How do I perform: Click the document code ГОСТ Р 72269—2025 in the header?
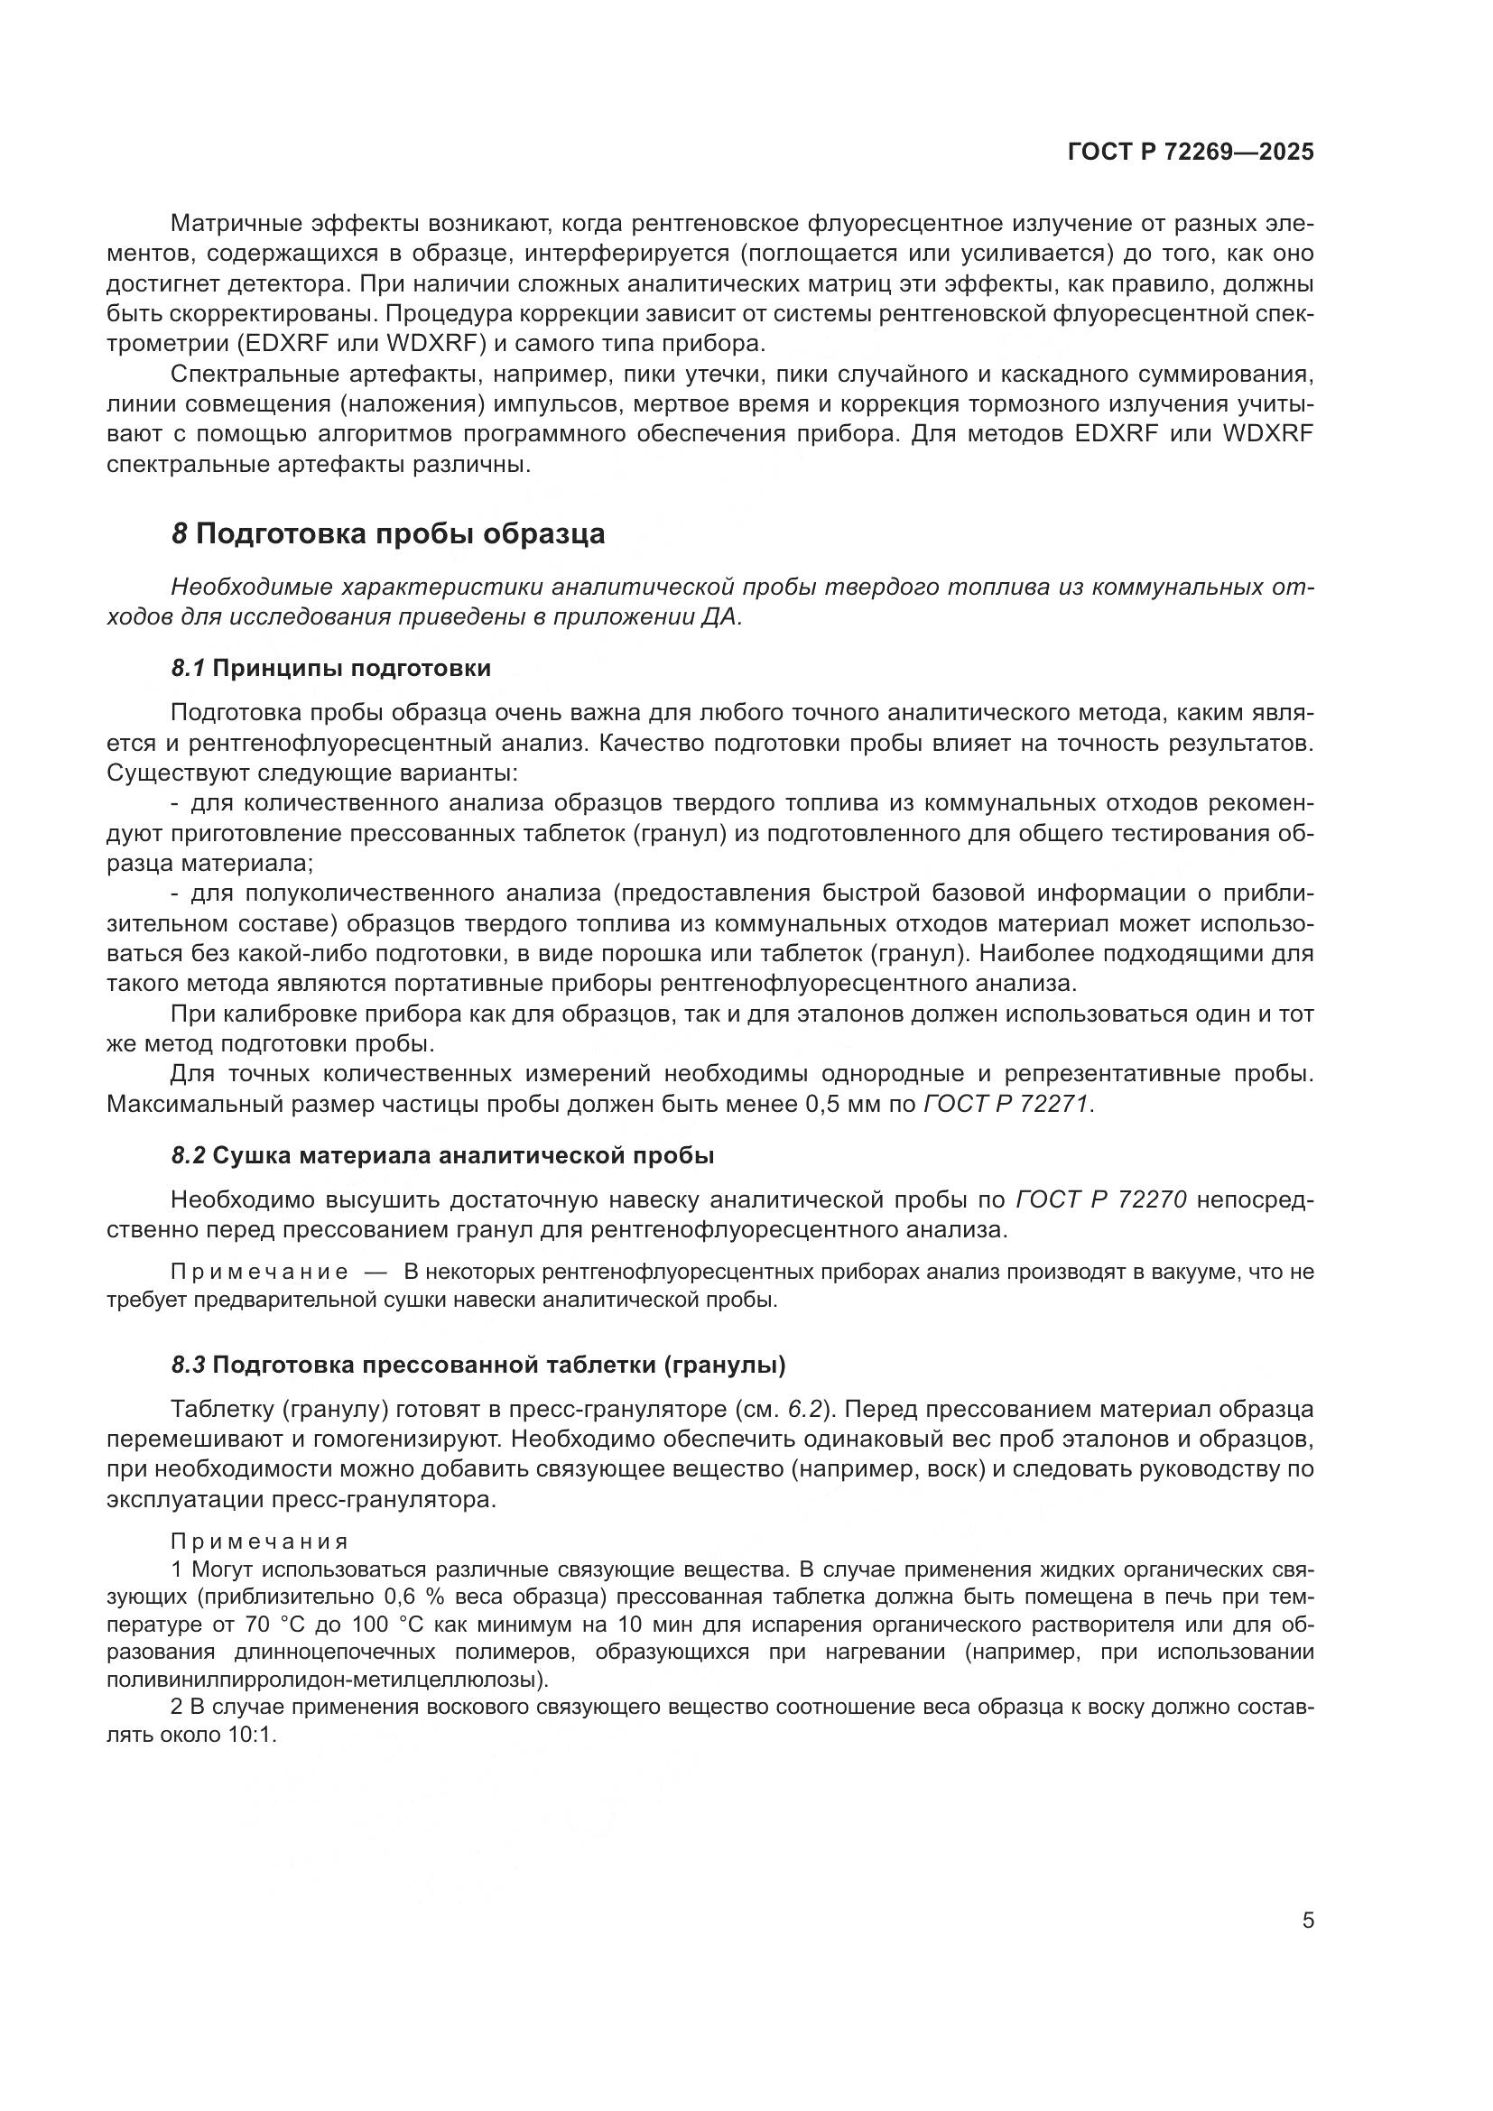tap(1191, 153)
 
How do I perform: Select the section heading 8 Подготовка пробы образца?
tap(389, 534)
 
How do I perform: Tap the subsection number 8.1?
tap(189, 669)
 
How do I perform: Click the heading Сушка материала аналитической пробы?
tap(462, 1156)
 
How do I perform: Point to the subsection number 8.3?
tap(189, 1366)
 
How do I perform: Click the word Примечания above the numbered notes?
tap(260, 1542)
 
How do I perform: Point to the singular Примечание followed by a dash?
tap(260, 1273)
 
